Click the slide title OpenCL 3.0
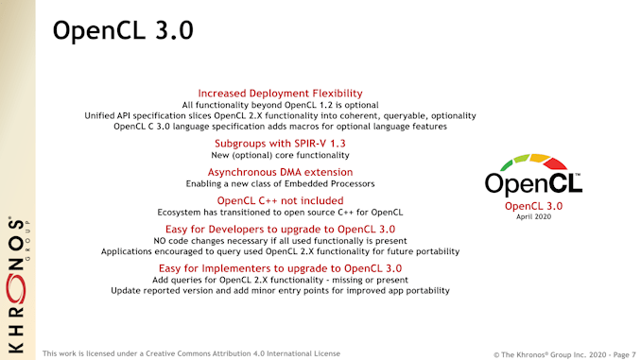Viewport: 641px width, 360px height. (123, 30)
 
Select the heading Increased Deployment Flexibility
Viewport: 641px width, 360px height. (280, 93)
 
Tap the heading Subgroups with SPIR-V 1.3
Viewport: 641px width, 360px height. (280, 144)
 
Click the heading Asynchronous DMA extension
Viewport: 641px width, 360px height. (280, 172)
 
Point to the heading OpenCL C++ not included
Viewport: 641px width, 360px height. (280, 200)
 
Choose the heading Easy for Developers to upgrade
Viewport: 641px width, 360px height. (280, 230)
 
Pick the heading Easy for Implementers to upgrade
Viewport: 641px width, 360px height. (280, 269)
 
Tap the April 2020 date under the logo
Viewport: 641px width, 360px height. (534, 216)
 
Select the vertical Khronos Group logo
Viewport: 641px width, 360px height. (18, 283)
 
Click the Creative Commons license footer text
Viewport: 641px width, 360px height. (191, 353)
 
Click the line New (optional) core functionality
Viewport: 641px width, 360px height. (280, 155)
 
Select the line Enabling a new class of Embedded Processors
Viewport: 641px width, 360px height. (280, 183)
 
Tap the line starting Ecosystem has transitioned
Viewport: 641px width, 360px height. (280, 212)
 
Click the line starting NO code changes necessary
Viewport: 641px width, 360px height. (280, 241)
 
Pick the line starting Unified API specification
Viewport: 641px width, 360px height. (280, 114)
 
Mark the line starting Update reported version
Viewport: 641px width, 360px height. (280, 292)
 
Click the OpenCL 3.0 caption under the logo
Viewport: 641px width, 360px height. (534, 205)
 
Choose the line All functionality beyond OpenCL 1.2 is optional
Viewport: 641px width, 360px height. (280, 104)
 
